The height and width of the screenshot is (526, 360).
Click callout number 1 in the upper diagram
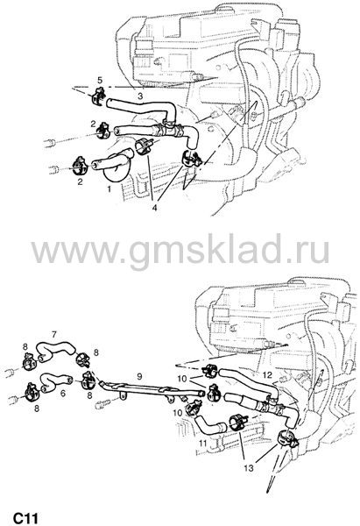tap(109, 189)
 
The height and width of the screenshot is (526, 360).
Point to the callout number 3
tap(140, 96)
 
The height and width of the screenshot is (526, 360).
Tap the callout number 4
tap(154, 208)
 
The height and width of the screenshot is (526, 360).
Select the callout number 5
tap(100, 80)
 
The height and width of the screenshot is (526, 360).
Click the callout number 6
tap(63, 393)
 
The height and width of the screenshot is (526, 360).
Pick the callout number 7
tap(54, 334)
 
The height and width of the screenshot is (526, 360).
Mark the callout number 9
tap(139, 376)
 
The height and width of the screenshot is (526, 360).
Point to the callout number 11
tap(203, 444)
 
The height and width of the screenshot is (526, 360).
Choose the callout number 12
tap(267, 374)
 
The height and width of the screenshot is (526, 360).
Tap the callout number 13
tap(249, 467)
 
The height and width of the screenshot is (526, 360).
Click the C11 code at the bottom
tap(25, 518)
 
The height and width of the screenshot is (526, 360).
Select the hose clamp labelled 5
tap(98, 96)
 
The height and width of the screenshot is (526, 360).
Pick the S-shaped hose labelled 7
tap(55, 348)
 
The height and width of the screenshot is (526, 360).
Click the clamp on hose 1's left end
tap(81, 166)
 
